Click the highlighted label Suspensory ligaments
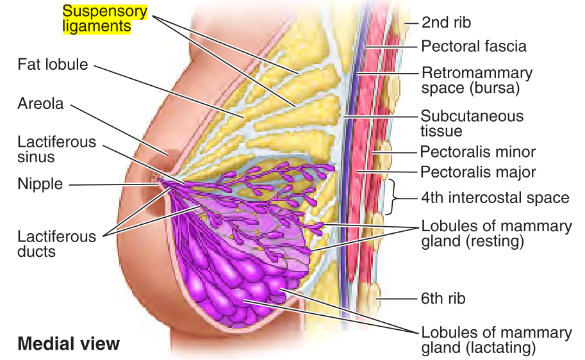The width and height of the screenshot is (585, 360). (x=105, y=19)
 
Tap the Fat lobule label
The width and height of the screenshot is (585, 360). (x=53, y=65)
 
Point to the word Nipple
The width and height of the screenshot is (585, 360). (x=40, y=184)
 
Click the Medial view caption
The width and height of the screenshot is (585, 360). (x=68, y=343)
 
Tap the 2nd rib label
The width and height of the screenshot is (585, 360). (x=446, y=22)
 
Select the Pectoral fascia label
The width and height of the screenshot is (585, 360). (x=474, y=46)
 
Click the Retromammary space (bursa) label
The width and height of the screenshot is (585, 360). (x=477, y=80)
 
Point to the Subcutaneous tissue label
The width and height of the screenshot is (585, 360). (x=472, y=124)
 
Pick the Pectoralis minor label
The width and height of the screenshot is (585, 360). (x=477, y=152)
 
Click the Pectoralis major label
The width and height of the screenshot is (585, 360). (x=477, y=172)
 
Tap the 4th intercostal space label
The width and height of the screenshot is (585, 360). (x=495, y=197)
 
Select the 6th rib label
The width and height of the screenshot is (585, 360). (x=443, y=298)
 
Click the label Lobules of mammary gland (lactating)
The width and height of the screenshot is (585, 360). (x=496, y=340)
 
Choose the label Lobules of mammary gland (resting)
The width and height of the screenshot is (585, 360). (x=496, y=234)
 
